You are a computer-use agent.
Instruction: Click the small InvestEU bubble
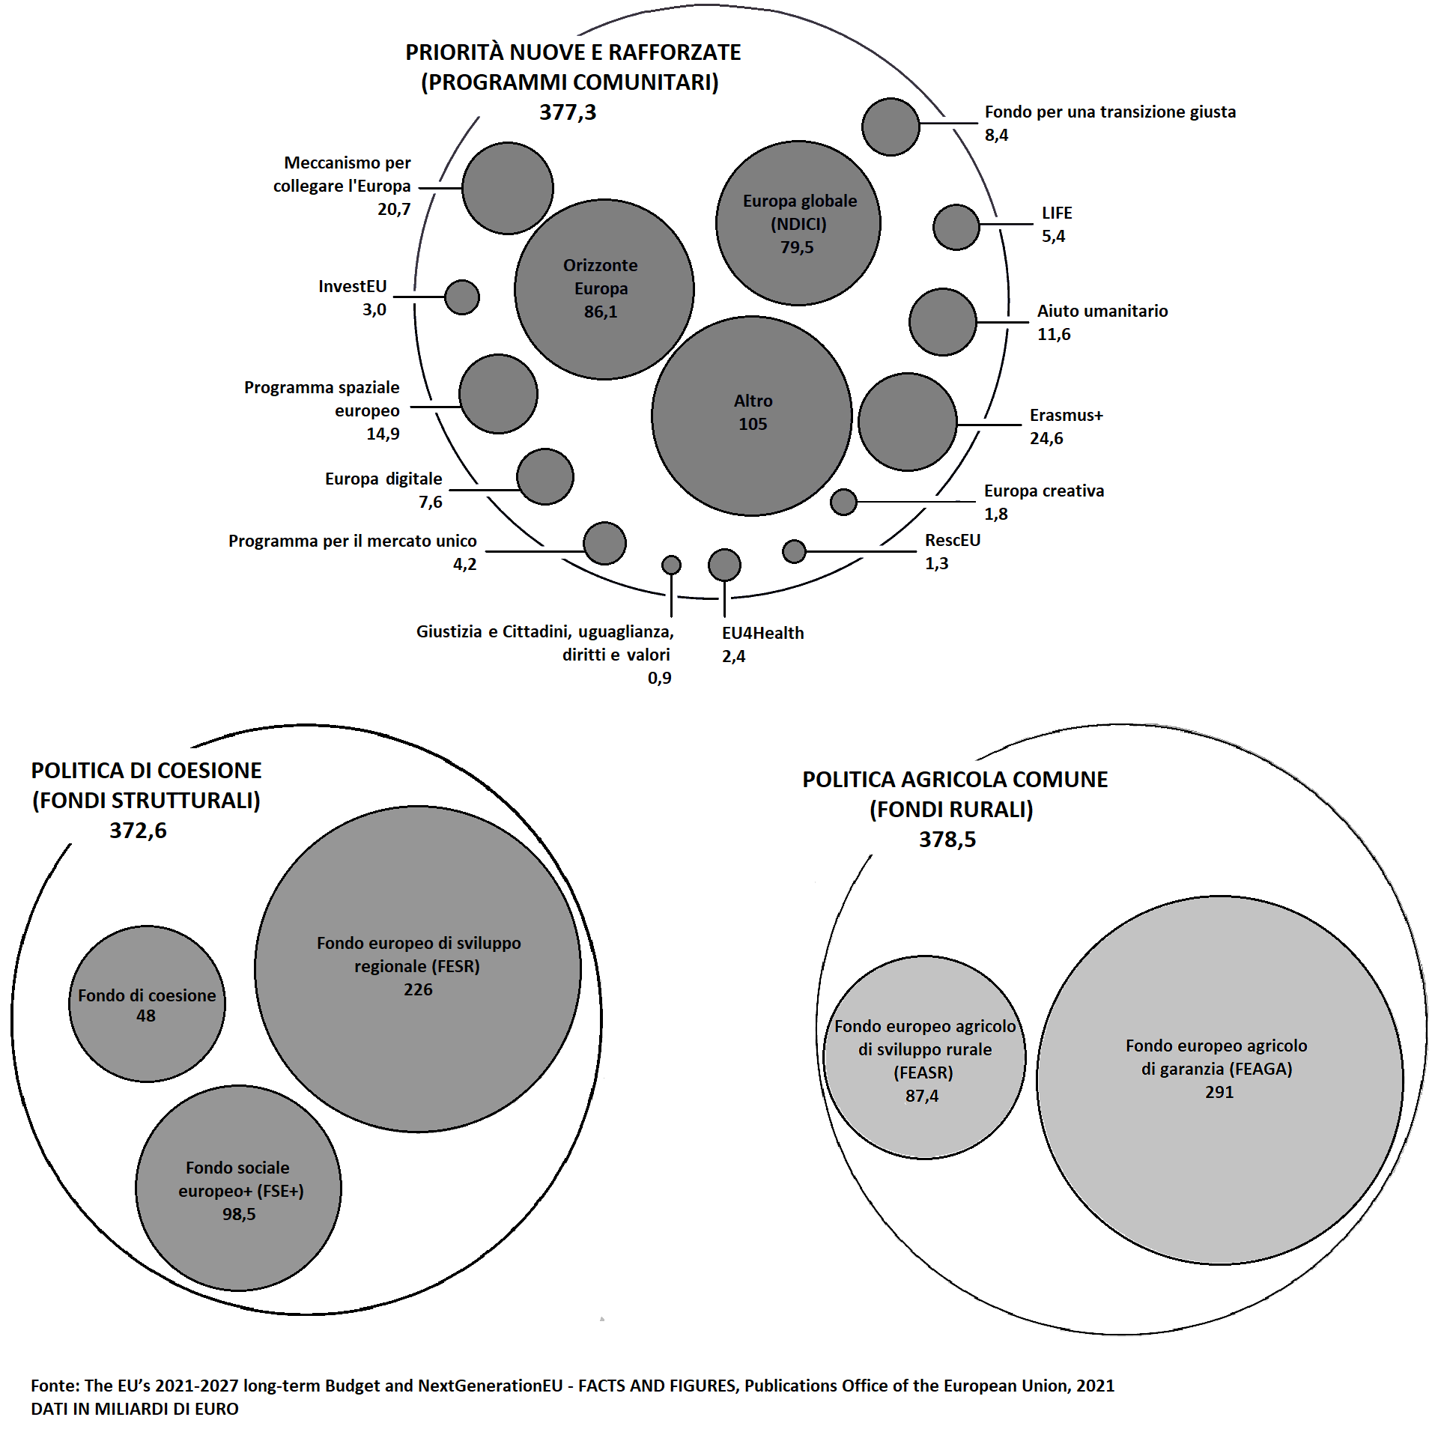coord(461,297)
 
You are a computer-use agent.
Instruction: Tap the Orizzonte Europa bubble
coord(604,289)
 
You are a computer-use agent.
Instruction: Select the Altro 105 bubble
coord(751,416)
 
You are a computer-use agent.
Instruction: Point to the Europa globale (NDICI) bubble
coord(798,223)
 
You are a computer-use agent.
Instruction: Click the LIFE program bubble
coord(956,227)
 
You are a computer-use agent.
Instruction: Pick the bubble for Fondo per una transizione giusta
coord(890,127)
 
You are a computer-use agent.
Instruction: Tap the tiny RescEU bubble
coord(793,551)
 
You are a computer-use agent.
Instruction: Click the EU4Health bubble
coord(724,565)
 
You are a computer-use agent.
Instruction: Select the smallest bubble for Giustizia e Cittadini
coord(671,565)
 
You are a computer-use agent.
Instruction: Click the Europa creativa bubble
coord(843,502)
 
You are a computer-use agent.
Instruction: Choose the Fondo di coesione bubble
coord(147,1004)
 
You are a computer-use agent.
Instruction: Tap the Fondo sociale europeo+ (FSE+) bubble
coord(238,1188)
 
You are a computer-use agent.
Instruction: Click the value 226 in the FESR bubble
coord(418,989)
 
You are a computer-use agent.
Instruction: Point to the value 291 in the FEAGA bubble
coord(1219,1092)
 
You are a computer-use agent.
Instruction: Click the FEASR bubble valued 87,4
coord(924,1058)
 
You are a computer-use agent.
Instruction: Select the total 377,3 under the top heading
coord(568,112)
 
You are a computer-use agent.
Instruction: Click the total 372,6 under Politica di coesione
coord(138,831)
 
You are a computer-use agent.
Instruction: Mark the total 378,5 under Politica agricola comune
coord(947,840)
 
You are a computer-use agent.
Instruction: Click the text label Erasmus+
coord(1066,415)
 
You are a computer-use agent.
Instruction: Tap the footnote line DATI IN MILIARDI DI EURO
coord(135,1409)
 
